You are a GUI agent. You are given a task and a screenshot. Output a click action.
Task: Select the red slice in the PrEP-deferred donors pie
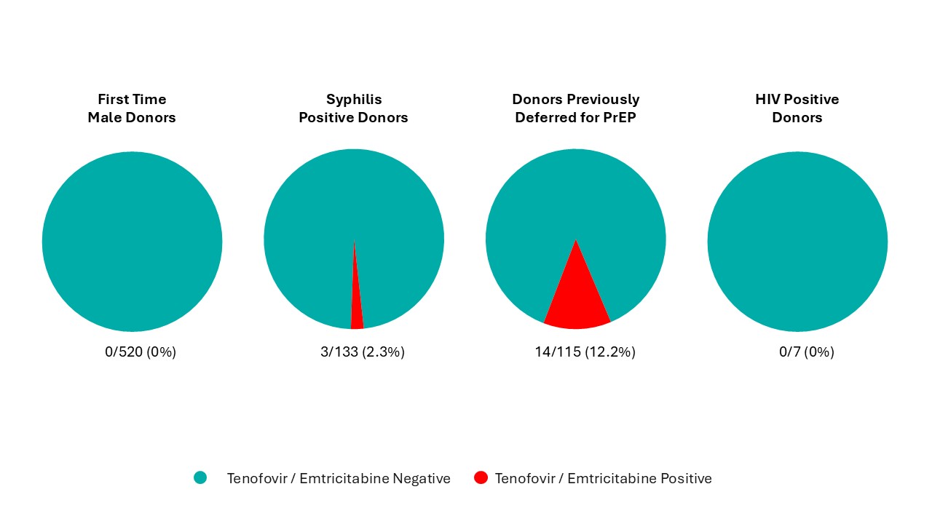[576, 298]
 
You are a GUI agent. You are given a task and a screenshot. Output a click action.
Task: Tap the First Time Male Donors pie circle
[132, 242]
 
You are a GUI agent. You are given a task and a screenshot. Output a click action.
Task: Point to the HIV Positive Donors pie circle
[797, 242]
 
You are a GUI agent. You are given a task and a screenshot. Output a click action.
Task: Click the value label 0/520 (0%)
[141, 352]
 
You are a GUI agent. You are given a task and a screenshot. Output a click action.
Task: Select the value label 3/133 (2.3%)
[363, 352]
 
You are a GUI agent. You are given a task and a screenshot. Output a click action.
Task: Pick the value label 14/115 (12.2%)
[585, 352]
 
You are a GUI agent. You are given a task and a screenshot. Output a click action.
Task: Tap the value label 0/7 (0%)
[807, 352]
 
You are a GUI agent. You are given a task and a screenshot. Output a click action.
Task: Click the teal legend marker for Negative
[200, 477]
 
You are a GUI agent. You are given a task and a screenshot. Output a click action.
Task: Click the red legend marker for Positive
[481, 477]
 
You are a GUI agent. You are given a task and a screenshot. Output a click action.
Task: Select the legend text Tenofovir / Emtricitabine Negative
[339, 478]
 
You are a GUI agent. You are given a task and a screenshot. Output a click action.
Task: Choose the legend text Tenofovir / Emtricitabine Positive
[603, 478]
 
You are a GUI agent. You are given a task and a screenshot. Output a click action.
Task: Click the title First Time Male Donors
[132, 108]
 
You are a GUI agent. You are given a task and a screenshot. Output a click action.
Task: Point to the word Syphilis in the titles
[354, 100]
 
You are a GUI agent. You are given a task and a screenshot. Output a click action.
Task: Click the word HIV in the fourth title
[769, 100]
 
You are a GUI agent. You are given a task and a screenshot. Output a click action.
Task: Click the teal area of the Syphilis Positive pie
[313, 218]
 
